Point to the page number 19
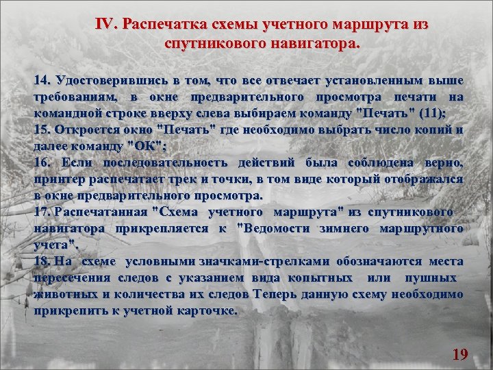(x=460, y=354)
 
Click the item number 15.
(x=42, y=129)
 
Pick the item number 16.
(x=42, y=162)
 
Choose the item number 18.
(x=42, y=261)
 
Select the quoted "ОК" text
(x=143, y=146)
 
